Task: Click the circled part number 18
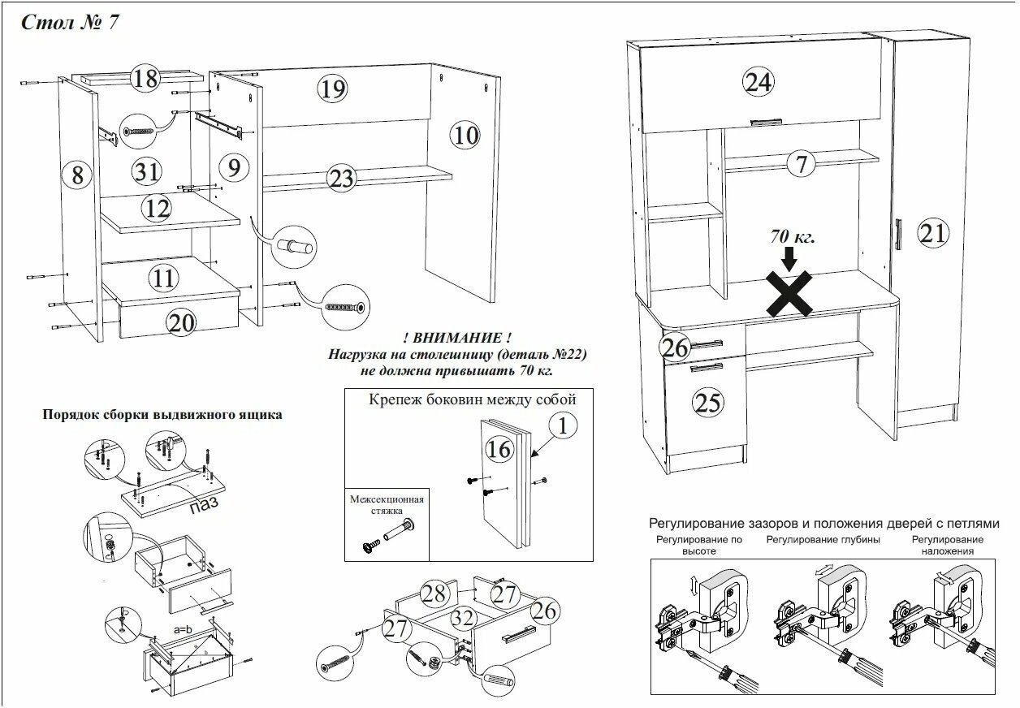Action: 145,79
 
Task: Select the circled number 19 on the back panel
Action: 331,88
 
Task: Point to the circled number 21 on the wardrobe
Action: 933,234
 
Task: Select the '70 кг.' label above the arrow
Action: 793,238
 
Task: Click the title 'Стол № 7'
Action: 70,22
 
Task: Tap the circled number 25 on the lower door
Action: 709,402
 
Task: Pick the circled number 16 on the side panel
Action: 501,448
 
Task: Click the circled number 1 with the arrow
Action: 562,425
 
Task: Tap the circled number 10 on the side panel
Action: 466,135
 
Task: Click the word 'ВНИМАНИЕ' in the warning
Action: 458,337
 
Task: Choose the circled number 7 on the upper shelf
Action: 802,164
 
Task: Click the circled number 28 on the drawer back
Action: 434,594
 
